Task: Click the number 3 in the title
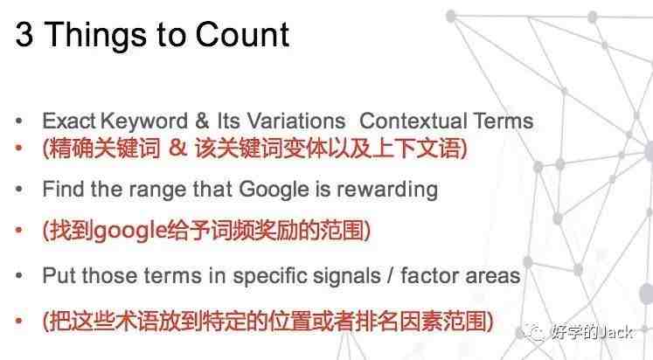pos(24,34)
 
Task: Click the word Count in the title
pos(242,34)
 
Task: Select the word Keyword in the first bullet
pos(144,121)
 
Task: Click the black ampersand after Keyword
pos(202,121)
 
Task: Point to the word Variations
pos(296,121)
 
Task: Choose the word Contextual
pos(413,121)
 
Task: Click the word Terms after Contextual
pos(503,121)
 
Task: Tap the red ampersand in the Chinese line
pos(177,148)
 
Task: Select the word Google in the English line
pos(274,190)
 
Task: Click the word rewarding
pos(387,190)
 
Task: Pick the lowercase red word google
pos(129,231)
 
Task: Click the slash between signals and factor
pos(390,276)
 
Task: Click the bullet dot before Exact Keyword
pos(18,121)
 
